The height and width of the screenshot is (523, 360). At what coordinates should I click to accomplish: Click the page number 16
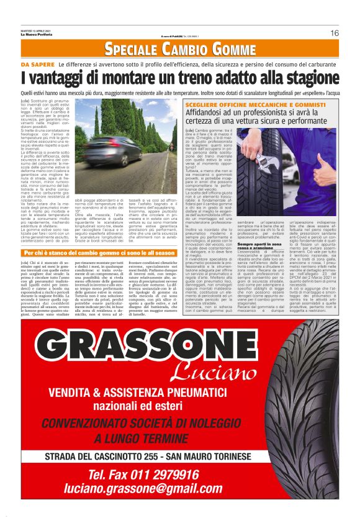pyautogui.click(x=334, y=33)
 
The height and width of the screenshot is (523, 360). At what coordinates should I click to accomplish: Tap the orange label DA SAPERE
pyautogui.click(x=38, y=65)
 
